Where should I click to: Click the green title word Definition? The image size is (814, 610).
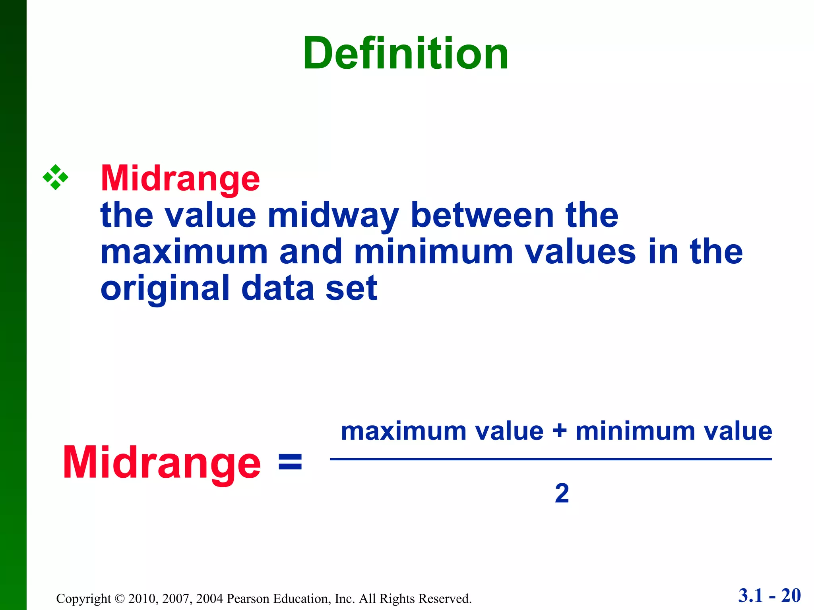pyautogui.click(x=405, y=53)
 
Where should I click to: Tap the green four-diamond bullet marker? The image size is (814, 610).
pyautogui.click(x=55, y=177)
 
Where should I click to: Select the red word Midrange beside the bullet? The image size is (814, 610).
pyautogui.click(x=180, y=179)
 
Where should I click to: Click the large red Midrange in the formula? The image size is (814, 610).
pyautogui.click(x=162, y=463)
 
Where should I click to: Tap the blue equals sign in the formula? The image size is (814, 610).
pyautogui.click(x=290, y=463)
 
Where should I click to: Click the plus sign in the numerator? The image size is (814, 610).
pyautogui.click(x=559, y=431)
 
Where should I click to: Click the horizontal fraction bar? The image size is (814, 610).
pyautogui.click(x=550, y=459)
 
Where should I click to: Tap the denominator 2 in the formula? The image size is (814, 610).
pyautogui.click(x=562, y=493)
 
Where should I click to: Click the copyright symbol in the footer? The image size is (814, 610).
pyautogui.click(x=119, y=598)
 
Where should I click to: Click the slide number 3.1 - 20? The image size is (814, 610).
pyautogui.click(x=769, y=596)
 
